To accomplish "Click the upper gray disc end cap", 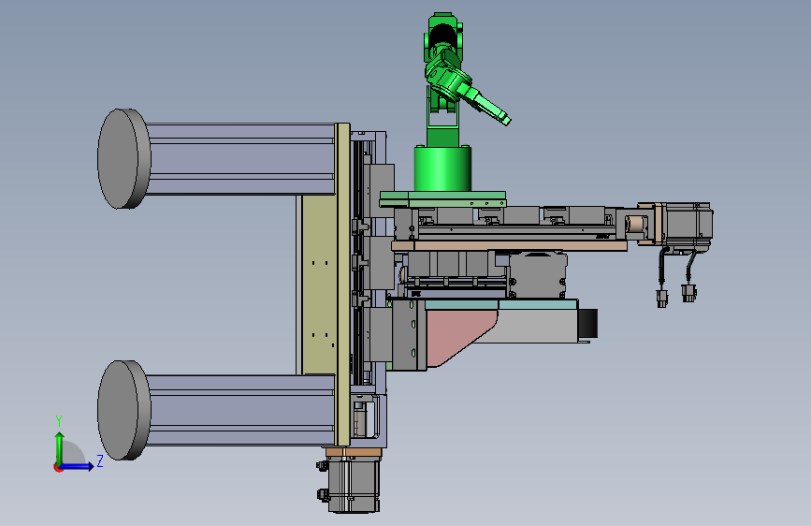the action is click(x=123, y=159).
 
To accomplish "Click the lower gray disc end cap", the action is click(x=123, y=410).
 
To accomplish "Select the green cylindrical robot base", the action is click(x=442, y=168).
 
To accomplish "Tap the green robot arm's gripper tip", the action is click(x=506, y=120).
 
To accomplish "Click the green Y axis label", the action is click(x=59, y=421).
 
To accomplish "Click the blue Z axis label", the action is click(x=100, y=460).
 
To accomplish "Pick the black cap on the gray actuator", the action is click(x=587, y=323).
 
